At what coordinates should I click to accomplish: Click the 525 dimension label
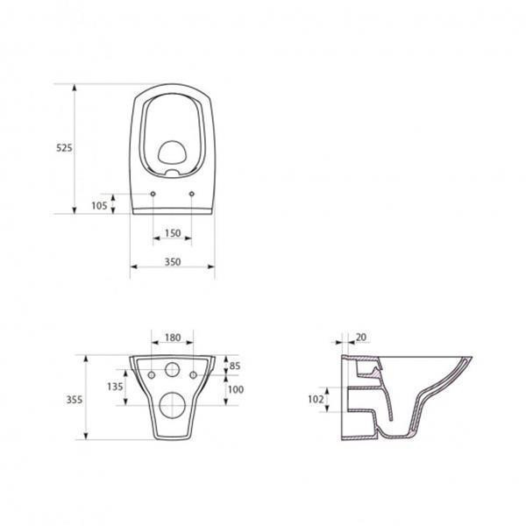click(x=64, y=147)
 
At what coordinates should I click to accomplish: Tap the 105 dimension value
click(x=99, y=206)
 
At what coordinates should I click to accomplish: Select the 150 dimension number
click(x=173, y=233)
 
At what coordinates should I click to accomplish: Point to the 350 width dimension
click(x=173, y=261)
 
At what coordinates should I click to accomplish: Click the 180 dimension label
click(x=173, y=338)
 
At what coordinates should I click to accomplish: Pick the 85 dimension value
click(x=235, y=366)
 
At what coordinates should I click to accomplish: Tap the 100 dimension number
click(x=236, y=389)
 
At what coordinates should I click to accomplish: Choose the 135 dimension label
click(x=115, y=387)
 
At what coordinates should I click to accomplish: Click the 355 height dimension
click(x=75, y=400)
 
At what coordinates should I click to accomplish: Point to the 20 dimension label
click(x=361, y=338)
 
